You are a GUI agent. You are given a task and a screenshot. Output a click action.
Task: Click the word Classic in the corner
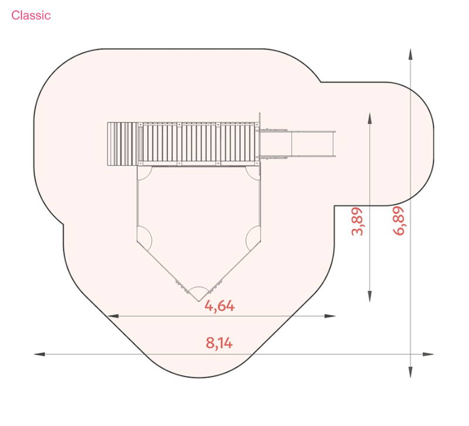tap(31, 15)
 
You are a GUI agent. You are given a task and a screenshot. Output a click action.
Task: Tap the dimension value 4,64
tap(219, 306)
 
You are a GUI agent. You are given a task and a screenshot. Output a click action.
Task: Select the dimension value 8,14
tap(219, 343)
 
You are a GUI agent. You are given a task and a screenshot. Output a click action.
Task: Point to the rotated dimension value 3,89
tap(358, 221)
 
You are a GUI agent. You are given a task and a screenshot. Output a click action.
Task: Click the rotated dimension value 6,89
tap(399, 221)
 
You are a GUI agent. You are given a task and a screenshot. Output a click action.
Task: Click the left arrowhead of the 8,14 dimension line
tap(39, 355)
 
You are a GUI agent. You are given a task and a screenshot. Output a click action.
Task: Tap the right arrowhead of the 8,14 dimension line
tap(428, 355)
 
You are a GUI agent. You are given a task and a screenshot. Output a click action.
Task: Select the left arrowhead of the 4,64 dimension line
tap(113, 316)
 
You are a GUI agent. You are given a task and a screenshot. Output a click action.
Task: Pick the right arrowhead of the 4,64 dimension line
tap(330, 316)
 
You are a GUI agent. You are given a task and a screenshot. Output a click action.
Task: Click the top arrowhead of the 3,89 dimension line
tap(370, 118)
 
